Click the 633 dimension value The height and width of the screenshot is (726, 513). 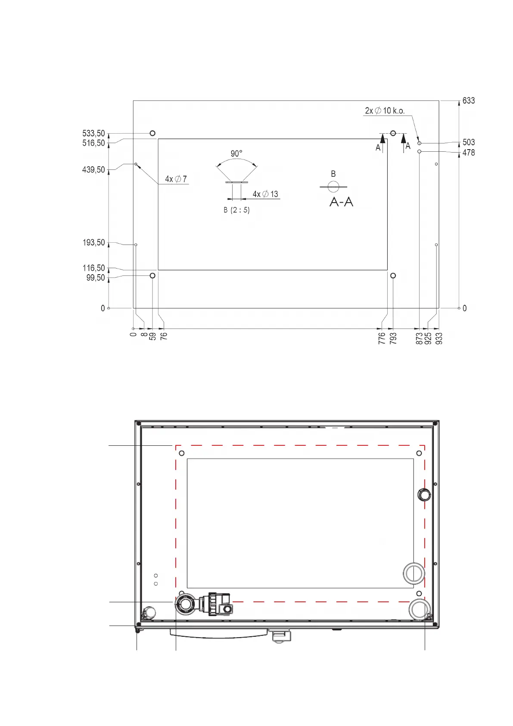point(468,101)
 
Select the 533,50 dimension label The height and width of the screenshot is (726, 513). point(93,133)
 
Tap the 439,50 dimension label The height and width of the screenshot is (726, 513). point(93,169)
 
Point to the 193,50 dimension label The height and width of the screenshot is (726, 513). point(93,242)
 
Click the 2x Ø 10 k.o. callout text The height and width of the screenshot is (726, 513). point(385,111)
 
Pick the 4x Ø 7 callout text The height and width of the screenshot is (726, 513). point(176,179)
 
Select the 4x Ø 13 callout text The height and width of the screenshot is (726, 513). point(265,194)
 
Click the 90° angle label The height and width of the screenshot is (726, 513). point(236,153)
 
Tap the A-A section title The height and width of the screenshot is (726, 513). point(341,202)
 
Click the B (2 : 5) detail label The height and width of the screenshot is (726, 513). point(237,210)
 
